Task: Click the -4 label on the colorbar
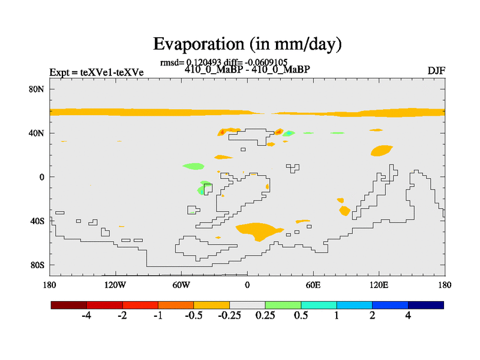pyautogui.click(x=86, y=316)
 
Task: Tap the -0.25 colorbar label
pyautogui.click(x=229, y=316)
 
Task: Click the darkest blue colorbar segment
pyautogui.click(x=426, y=305)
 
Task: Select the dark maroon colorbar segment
pyautogui.click(x=69, y=305)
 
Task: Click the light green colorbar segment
pyautogui.click(x=283, y=305)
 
